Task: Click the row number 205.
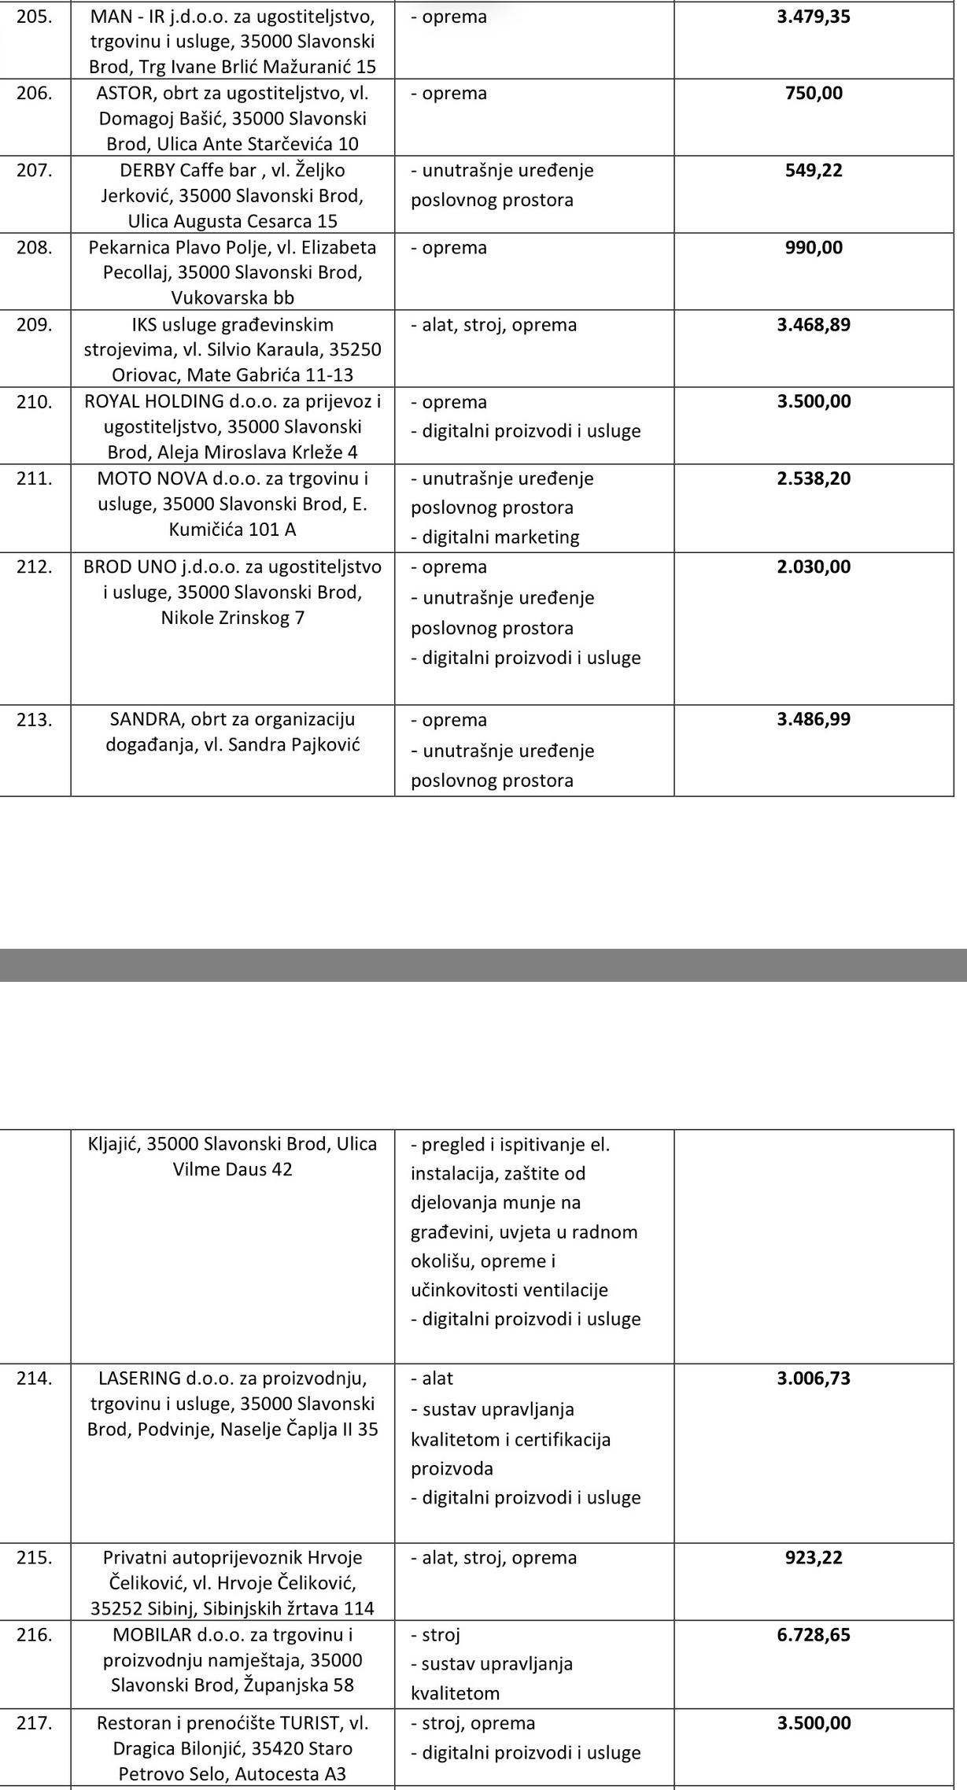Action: pos(34,17)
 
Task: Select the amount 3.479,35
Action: pos(814,17)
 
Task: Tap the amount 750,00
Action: pos(814,94)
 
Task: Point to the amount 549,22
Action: pos(814,171)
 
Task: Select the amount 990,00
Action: pos(814,248)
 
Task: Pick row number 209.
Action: pos(34,325)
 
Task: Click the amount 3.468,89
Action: pos(814,325)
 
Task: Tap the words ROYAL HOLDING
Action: pos(154,401)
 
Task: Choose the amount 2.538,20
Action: pos(814,478)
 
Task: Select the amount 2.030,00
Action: pos(814,567)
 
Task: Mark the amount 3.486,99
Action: pos(814,719)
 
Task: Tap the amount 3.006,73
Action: pos(814,1378)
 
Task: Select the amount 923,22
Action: pos(814,1558)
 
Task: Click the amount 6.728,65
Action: pos(814,1635)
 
